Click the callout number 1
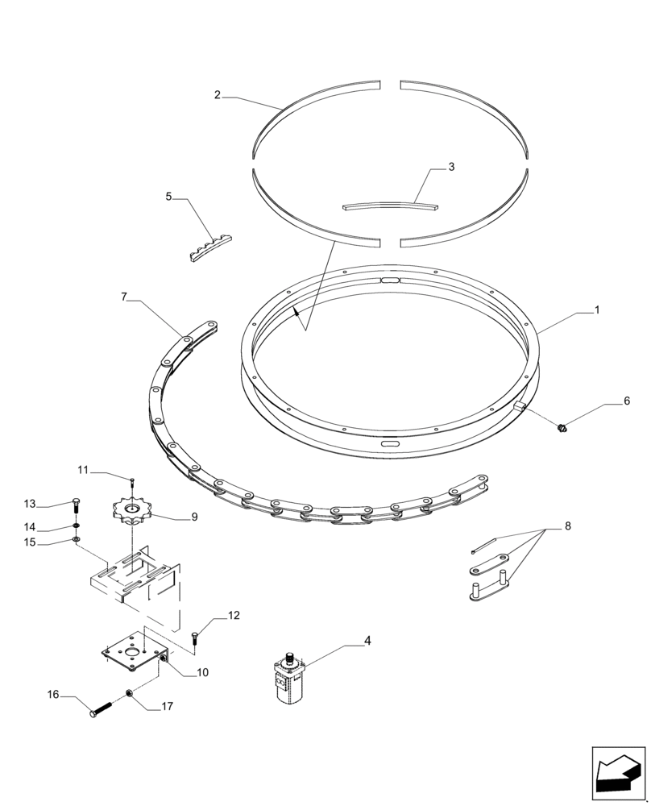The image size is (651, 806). tap(597, 310)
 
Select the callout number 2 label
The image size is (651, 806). tap(218, 95)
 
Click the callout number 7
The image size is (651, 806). tap(124, 297)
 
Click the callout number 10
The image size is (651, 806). tap(201, 672)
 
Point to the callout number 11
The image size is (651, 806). tap(83, 470)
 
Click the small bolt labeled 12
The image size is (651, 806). tap(195, 638)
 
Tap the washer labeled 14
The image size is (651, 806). tap(76, 528)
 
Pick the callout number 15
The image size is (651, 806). tap(30, 542)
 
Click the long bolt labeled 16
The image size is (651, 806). tap(101, 710)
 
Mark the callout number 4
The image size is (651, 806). tap(367, 641)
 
